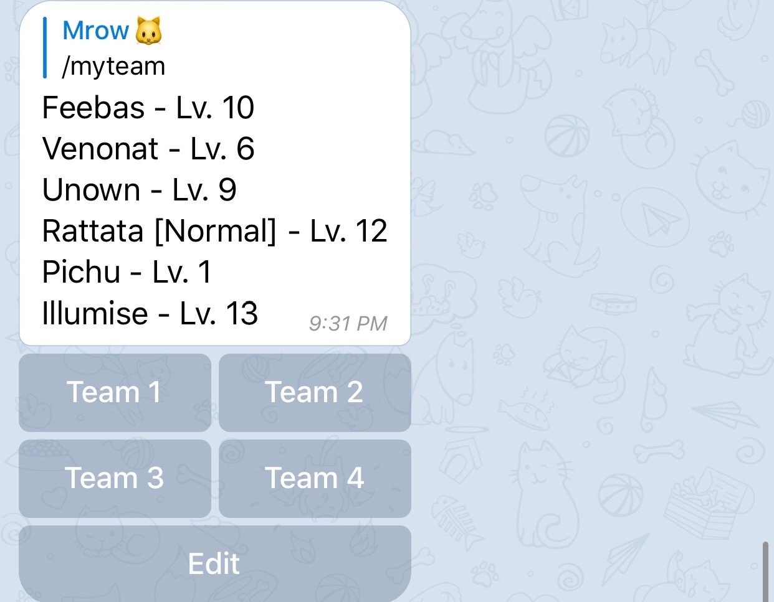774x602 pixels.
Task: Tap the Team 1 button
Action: pyautogui.click(x=115, y=392)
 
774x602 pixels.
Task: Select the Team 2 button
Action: pyautogui.click(x=315, y=392)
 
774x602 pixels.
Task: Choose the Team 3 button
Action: pyautogui.click(x=115, y=478)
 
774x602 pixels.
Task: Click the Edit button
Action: pyautogui.click(x=215, y=563)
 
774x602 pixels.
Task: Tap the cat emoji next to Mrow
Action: pyautogui.click(x=148, y=31)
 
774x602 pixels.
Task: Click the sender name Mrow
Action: pyautogui.click(x=95, y=31)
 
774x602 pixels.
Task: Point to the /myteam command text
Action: pyautogui.click(x=113, y=67)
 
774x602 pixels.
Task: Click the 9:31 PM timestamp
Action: pyautogui.click(x=348, y=324)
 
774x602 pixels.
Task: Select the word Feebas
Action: pyautogui.click(x=93, y=108)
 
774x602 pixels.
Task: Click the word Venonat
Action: pyautogui.click(x=100, y=149)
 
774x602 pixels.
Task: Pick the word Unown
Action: pyautogui.click(x=91, y=190)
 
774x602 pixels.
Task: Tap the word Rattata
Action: pyautogui.click(x=93, y=231)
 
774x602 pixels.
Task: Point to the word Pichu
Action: pyautogui.click(x=81, y=272)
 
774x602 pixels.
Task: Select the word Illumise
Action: pyautogui.click(x=95, y=313)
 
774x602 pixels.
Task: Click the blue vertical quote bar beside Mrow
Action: pyautogui.click(x=45, y=47)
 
